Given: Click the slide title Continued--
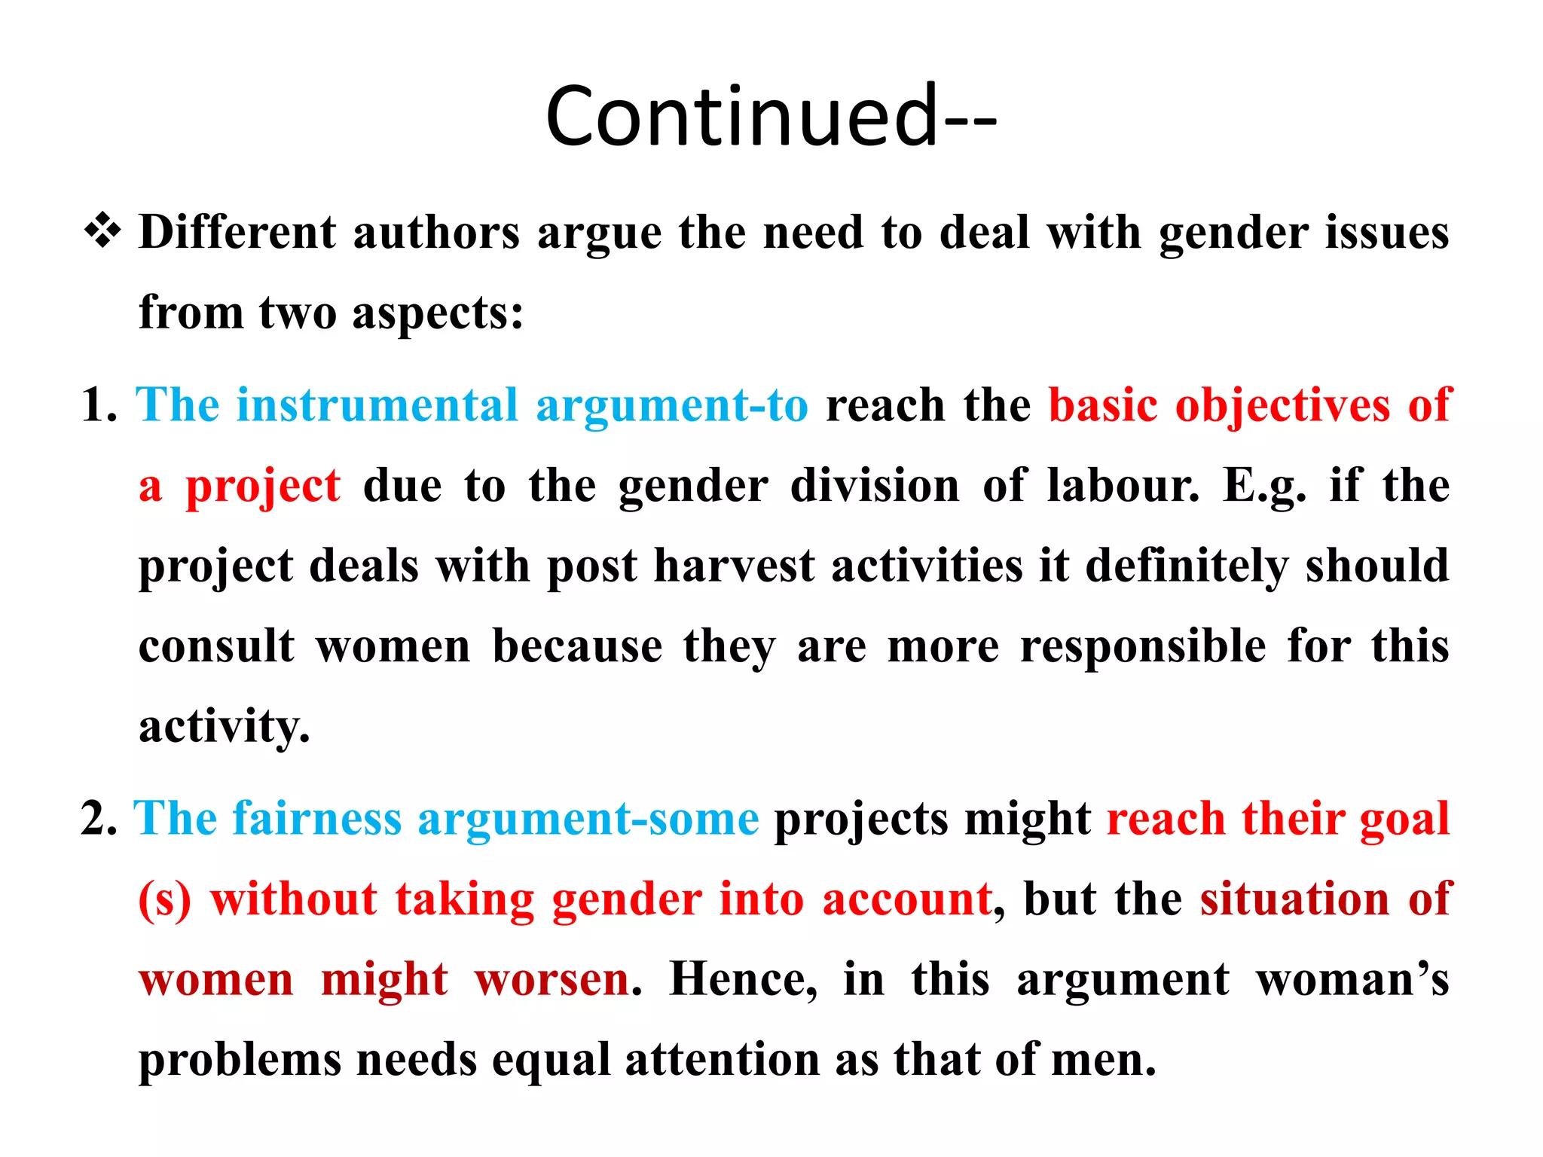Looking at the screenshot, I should point(771,117).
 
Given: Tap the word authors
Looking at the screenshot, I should point(436,233).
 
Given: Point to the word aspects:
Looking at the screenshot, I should point(438,314).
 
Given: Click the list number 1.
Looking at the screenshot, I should point(99,405).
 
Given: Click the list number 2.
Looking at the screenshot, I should point(99,819).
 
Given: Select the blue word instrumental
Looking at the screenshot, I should point(377,405).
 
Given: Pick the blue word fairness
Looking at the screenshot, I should point(316,819).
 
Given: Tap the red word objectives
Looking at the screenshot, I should point(1282,407).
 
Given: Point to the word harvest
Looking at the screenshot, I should point(734,566).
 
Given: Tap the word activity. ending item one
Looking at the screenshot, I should point(224,728).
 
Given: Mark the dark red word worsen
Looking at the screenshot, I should point(552,980).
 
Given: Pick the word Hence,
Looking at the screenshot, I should point(743,980).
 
